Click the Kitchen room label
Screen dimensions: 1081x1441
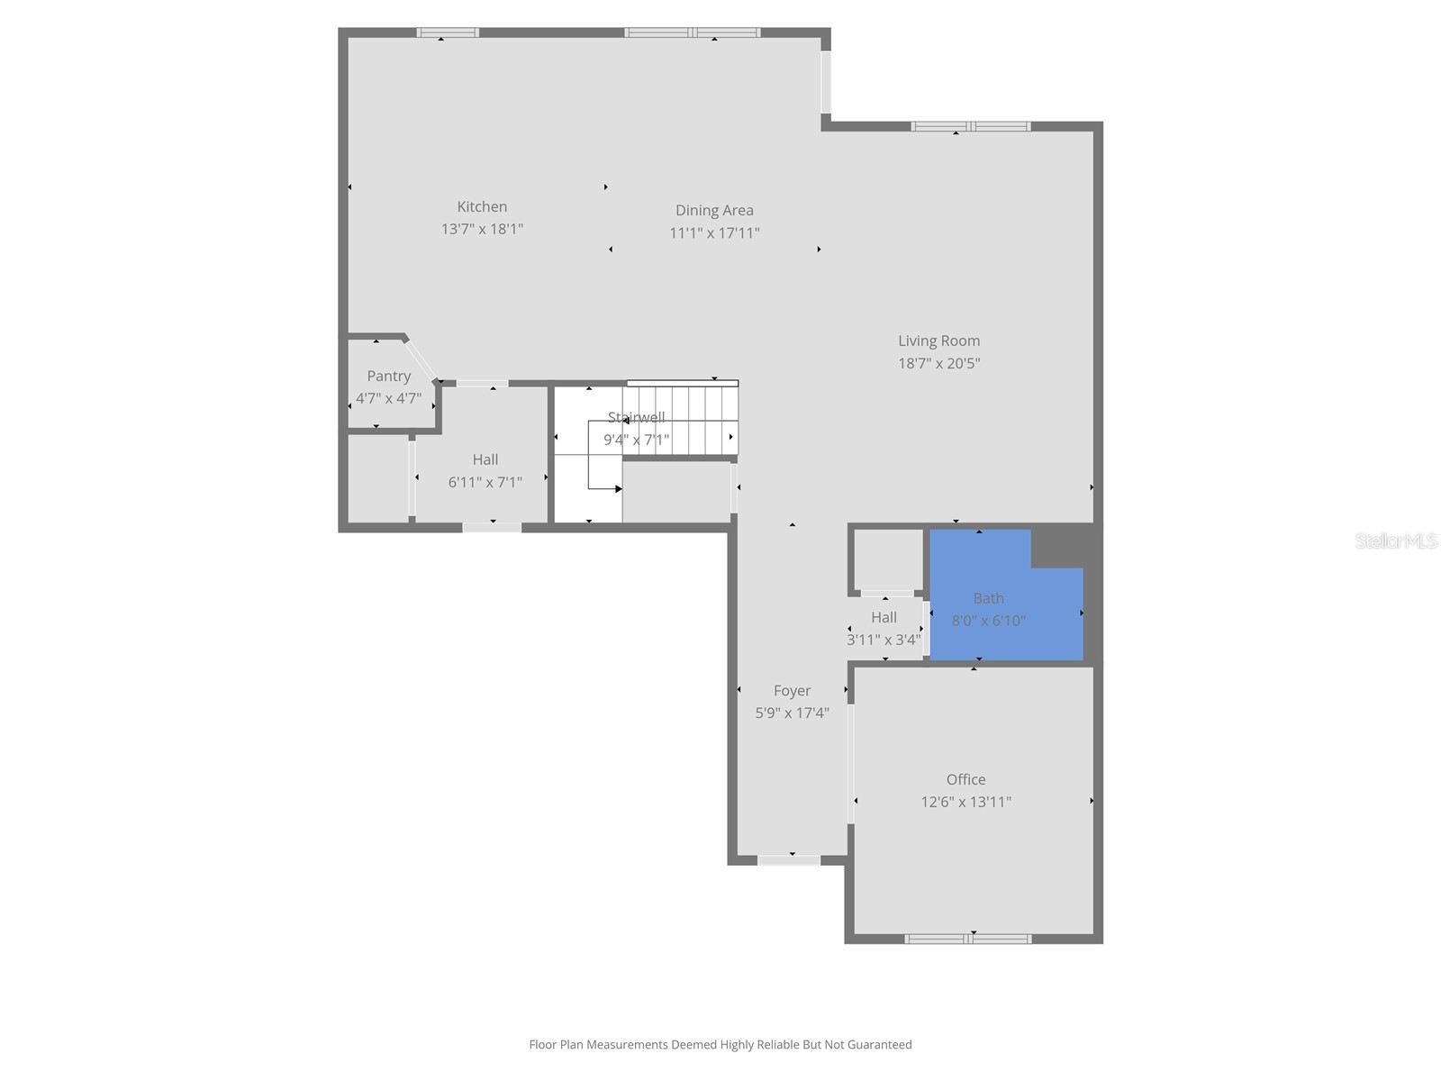[x=482, y=207]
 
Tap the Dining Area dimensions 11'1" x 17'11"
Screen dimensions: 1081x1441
[x=714, y=232]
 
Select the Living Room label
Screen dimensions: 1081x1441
[x=938, y=341]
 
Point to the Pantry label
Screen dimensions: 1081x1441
[x=388, y=376]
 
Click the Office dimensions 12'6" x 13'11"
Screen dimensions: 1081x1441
[x=965, y=802]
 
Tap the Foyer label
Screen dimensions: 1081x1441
[x=792, y=691]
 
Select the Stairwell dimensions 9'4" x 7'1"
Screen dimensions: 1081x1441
[x=636, y=440]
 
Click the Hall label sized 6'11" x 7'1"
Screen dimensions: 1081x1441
[x=485, y=459]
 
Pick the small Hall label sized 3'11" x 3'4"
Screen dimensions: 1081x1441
[x=884, y=617]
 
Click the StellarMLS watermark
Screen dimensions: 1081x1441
[x=1395, y=540]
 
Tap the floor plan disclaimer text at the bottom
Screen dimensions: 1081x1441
[x=720, y=1045]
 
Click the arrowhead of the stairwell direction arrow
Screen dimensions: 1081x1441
[x=619, y=489]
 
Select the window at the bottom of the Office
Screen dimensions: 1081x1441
[x=968, y=939]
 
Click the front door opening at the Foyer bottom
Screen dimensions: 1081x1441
[x=789, y=860]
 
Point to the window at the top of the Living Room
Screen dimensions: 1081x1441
[x=970, y=126]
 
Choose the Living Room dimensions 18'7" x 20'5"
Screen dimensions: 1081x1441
[x=938, y=363]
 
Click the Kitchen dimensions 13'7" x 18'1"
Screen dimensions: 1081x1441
[x=482, y=229]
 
